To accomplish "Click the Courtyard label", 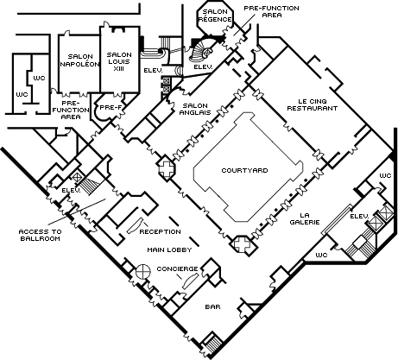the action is pyautogui.click(x=244, y=170).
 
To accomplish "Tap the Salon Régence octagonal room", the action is pyautogui.click(x=215, y=18).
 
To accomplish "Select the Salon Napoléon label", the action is pyautogui.click(x=79, y=60).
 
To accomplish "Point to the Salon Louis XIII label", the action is pyautogui.click(x=119, y=61).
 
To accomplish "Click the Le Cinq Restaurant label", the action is pyautogui.click(x=313, y=104).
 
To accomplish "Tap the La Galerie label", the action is pyautogui.click(x=305, y=218).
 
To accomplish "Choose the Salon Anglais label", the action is pyautogui.click(x=195, y=109).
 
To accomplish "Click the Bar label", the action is pyautogui.click(x=213, y=306).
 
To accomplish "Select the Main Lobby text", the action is pyautogui.click(x=169, y=249).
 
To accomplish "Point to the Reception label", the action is pyautogui.click(x=161, y=231).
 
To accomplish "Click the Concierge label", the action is pyautogui.click(x=178, y=268).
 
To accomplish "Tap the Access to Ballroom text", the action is pyautogui.click(x=40, y=235).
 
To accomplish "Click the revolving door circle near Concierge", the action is pyautogui.click(x=143, y=271).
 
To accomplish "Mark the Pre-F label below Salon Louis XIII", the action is pyautogui.click(x=111, y=108).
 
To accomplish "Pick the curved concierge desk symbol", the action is pyautogui.click(x=190, y=281).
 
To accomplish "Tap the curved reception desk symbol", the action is pyautogui.click(x=136, y=226).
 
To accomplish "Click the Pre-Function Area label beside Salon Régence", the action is pyautogui.click(x=271, y=11).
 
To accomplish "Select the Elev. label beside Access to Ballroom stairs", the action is pyautogui.click(x=71, y=190).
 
